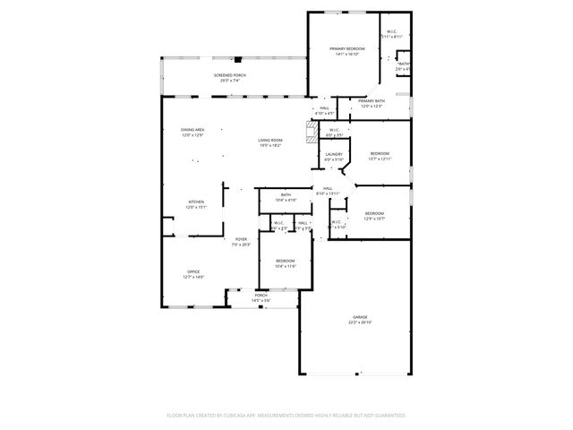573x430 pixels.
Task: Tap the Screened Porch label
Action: [229, 74]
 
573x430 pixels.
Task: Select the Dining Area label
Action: [192, 130]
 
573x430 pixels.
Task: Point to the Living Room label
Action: [270, 140]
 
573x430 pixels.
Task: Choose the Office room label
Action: [192, 271]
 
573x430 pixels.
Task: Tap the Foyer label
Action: [241, 239]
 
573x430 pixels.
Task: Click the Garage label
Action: [360, 317]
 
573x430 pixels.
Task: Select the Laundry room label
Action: [334, 154]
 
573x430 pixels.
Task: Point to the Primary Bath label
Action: [372, 101]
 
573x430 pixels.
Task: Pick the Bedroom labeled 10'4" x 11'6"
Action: [285, 261]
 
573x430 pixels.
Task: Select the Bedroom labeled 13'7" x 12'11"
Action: [381, 153]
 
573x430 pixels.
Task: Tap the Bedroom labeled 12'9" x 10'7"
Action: [374, 212]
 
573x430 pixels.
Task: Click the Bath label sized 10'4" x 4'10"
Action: [286, 194]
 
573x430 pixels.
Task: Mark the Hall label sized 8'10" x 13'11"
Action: [328, 188]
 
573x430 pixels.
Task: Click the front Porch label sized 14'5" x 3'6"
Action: [261, 295]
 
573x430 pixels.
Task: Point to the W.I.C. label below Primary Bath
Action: [333, 130]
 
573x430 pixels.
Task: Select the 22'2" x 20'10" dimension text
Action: [360, 322]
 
